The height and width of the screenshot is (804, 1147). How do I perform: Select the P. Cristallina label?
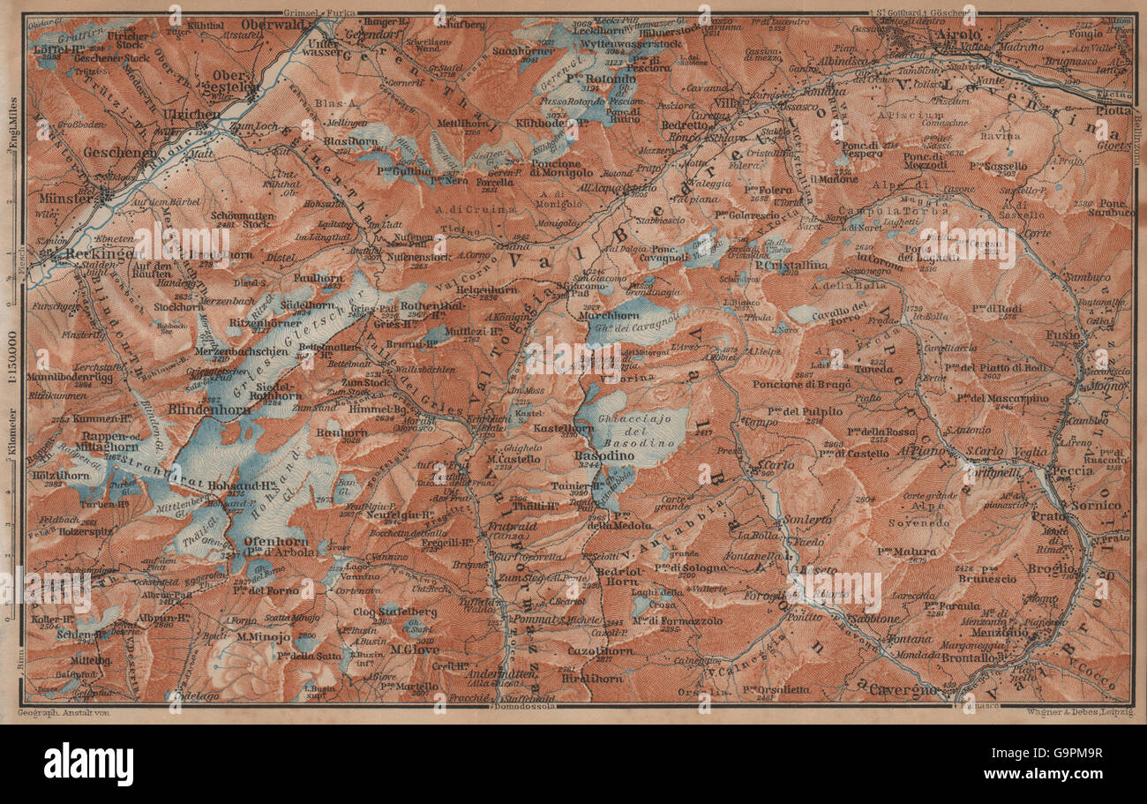[791, 265]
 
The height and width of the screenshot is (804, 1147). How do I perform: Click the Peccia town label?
[1073, 470]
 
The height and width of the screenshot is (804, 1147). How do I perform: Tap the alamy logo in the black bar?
[88, 763]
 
